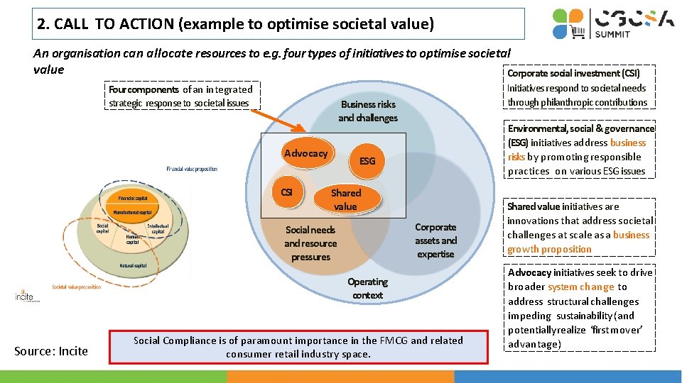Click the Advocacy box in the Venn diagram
(x=305, y=154)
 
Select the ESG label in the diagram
(x=367, y=161)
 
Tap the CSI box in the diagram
(x=287, y=192)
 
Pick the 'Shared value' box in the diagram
(x=346, y=199)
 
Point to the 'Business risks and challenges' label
(x=367, y=111)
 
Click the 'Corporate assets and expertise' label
(x=435, y=240)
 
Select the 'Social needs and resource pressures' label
(x=310, y=243)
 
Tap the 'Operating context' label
(x=367, y=288)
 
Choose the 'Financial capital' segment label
(x=134, y=199)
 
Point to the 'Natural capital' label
(x=134, y=266)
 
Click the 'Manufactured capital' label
(x=134, y=212)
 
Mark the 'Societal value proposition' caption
(x=77, y=287)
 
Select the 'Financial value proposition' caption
(x=192, y=169)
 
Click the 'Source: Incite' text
(x=52, y=351)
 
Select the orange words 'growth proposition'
(x=549, y=250)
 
